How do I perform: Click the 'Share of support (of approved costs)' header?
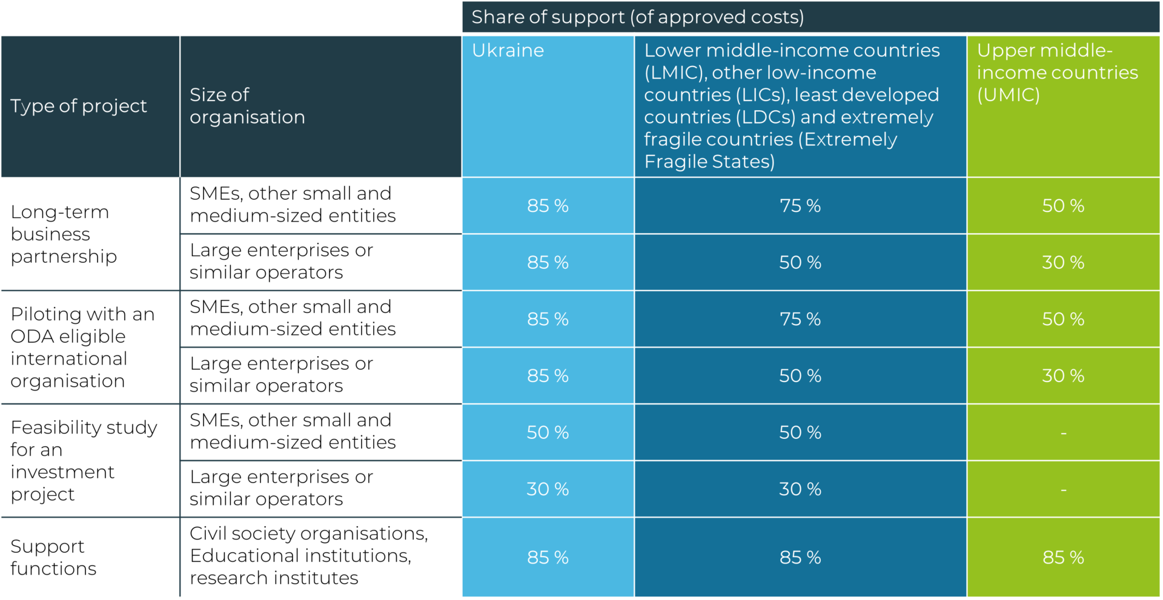point(637,17)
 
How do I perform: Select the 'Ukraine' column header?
point(508,50)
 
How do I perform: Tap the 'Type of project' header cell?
point(79,106)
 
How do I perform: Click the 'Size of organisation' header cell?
point(247,106)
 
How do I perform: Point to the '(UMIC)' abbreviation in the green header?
point(1008,95)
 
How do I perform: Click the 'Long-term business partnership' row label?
point(64,234)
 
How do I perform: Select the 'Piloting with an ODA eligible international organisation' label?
point(82,348)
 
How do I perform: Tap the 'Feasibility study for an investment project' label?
point(84,461)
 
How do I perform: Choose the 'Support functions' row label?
point(53,558)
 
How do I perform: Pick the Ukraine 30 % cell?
point(548,489)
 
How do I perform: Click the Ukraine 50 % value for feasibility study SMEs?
point(548,432)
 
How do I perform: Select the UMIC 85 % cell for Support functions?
point(1063,558)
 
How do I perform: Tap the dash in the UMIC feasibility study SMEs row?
point(1063,433)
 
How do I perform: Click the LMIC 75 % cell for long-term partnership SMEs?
point(800,206)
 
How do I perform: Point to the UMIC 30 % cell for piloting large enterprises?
point(1063,376)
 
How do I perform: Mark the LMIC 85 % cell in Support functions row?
point(800,558)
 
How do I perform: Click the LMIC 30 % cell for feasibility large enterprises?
point(800,489)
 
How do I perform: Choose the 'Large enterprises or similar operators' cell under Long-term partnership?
point(281,262)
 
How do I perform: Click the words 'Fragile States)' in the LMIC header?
point(709,162)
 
